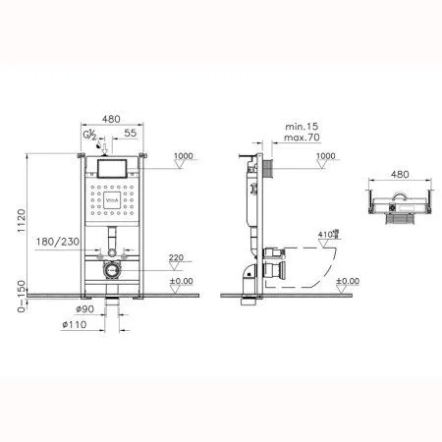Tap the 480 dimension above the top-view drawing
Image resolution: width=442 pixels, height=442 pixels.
400,175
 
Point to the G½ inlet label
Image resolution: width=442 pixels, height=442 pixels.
91,134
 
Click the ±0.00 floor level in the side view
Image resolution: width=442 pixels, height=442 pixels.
349,281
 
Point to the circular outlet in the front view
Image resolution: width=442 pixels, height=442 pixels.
111,267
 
